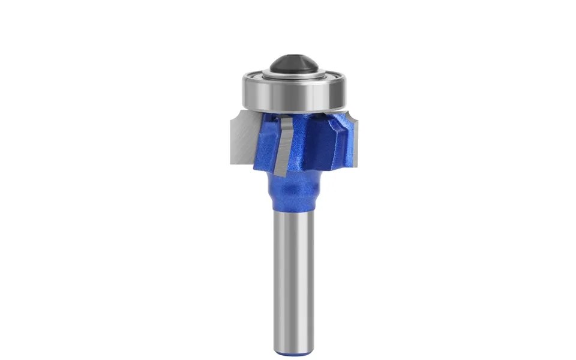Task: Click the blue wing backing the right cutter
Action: (x=340, y=135)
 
